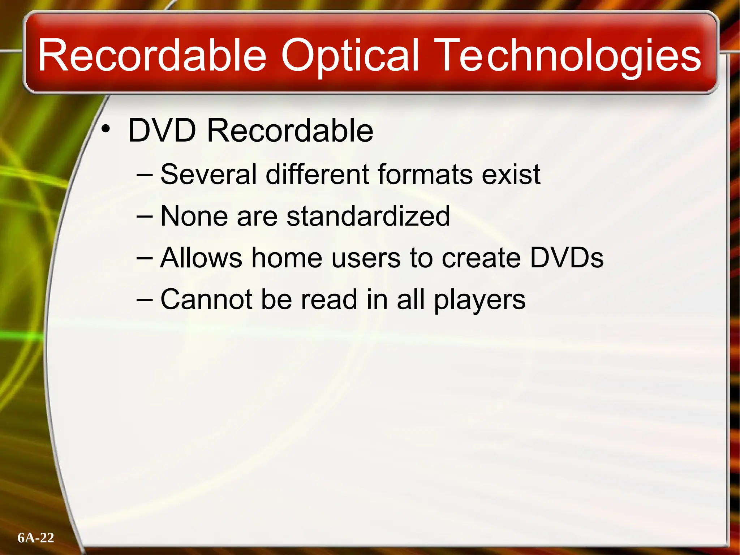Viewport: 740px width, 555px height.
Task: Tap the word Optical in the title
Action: [x=350, y=56]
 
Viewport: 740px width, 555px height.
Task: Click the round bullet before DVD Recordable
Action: [x=105, y=129]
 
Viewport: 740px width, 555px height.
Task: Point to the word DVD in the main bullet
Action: [x=162, y=130]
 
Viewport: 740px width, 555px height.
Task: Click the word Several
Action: [x=208, y=175]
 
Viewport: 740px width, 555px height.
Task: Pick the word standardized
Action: [x=368, y=216]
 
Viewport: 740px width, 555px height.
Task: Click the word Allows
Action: [x=201, y=258]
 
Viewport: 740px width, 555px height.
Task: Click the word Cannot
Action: [x=206, y=300]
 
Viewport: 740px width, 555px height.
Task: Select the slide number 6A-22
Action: [x=36, y=538]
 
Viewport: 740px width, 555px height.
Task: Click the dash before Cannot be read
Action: [x=145, y=300]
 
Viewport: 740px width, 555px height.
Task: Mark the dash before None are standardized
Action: [x=145, y=216]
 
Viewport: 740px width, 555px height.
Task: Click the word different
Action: [x=318, y=175]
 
